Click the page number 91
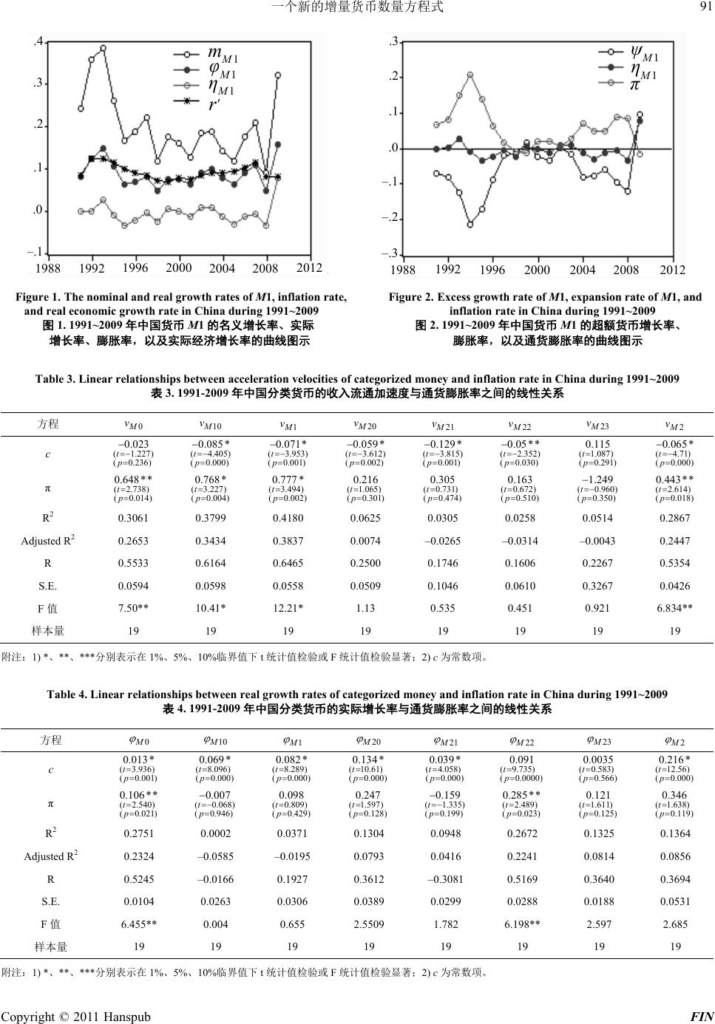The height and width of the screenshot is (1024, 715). (704, 8)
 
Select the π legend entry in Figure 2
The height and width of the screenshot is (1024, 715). (634, 85)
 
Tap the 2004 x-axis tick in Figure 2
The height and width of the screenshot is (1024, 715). (583, 270)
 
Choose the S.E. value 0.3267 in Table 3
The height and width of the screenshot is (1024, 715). (598, 586)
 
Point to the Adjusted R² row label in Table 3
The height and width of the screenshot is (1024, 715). (47, 540)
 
